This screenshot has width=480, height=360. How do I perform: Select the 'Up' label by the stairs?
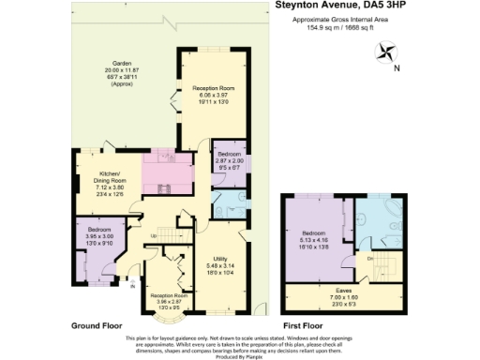click(153, 235)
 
